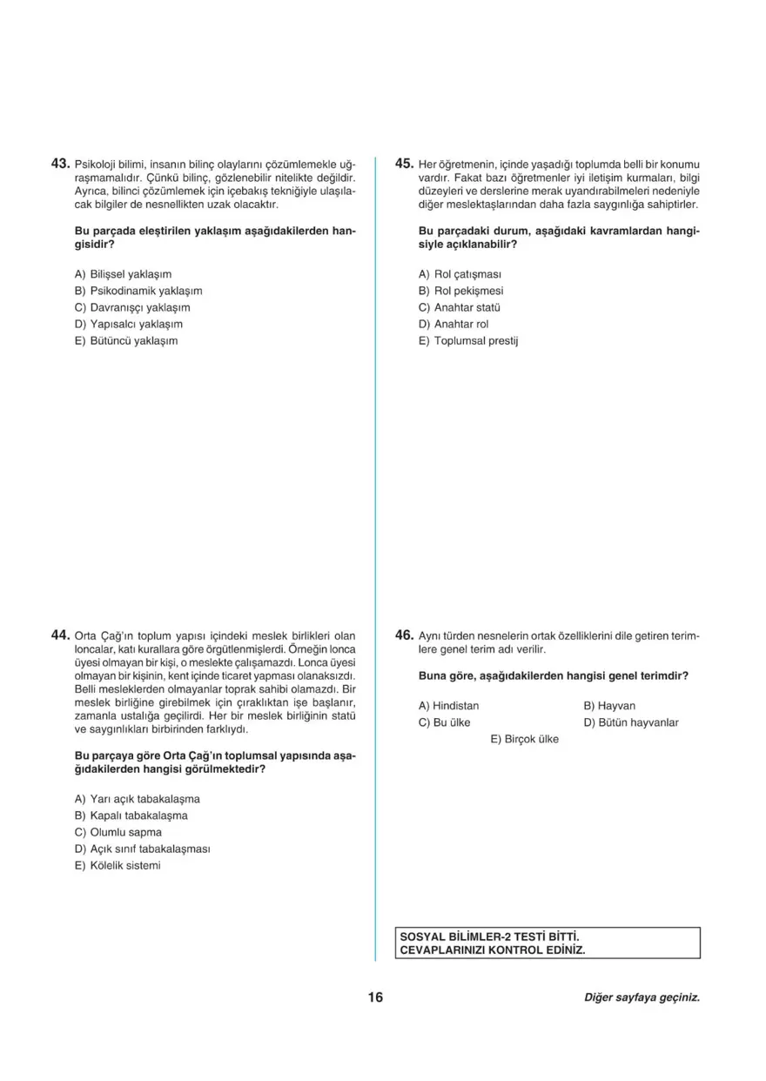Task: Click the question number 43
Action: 60,163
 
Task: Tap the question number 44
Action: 60,635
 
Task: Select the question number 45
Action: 404,163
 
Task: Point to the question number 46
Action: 404,635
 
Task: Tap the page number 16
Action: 375,997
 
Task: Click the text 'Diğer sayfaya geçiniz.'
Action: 642,997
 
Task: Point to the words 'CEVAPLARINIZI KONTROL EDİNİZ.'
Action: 492,950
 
